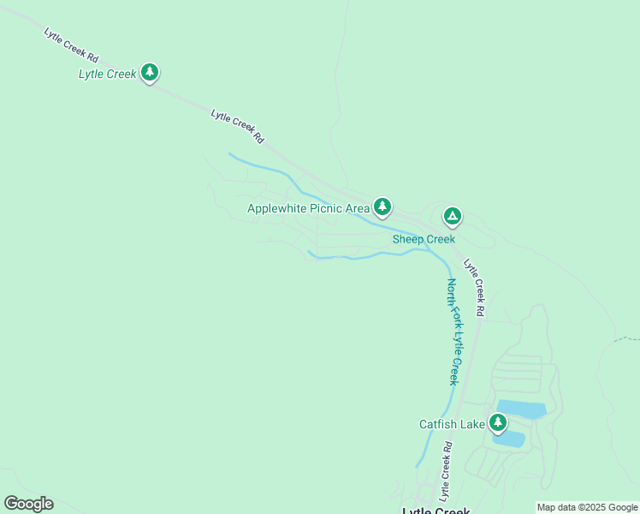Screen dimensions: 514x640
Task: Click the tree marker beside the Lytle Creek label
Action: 150,72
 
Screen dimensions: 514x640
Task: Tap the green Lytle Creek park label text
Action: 107,75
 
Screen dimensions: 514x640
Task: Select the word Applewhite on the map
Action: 275,208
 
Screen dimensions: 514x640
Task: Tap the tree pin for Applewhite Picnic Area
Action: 382,206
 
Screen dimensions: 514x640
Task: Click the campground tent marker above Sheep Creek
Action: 452,216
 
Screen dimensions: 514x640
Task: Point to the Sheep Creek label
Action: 424,240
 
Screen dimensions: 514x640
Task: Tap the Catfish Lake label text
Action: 451,424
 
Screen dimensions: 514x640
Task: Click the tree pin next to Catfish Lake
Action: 497,422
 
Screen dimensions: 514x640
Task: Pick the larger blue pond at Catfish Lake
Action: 520,409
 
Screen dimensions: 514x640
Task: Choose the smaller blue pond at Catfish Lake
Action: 510,439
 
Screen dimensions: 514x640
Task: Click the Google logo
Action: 28,504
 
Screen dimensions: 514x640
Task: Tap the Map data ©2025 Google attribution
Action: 587,507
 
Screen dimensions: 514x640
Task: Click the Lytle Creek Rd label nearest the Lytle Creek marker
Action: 72,45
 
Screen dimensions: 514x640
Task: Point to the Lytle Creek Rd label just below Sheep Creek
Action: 475,288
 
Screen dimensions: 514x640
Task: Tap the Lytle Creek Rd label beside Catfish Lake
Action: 446,471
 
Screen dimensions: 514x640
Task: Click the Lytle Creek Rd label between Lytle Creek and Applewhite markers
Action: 237,126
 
